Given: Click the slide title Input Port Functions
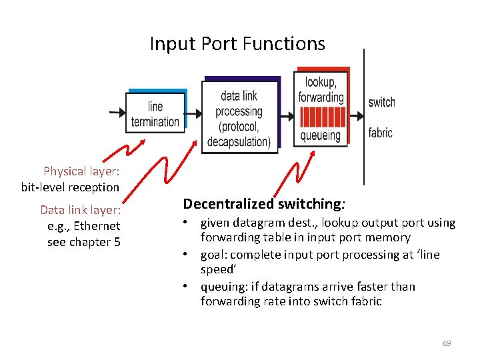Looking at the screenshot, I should click(x=237, y=44).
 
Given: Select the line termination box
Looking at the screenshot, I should click(x=155, y=114).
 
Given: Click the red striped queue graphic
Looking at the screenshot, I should click(x=321, y=117).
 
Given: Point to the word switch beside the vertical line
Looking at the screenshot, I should click(x=381, y=102).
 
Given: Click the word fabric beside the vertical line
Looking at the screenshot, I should click(x=380, y=133).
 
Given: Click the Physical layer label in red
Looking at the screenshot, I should click(x=81, y=171).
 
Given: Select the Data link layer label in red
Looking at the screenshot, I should click(x=80, y=210).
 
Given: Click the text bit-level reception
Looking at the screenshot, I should click(x=70, y=187).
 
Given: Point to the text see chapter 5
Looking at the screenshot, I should click(x=84, y=242).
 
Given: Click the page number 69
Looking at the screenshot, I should click(x=447, y=343).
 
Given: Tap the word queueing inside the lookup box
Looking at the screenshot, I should click(x=320, y=135).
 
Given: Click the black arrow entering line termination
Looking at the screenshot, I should click(x=117, y=113).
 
